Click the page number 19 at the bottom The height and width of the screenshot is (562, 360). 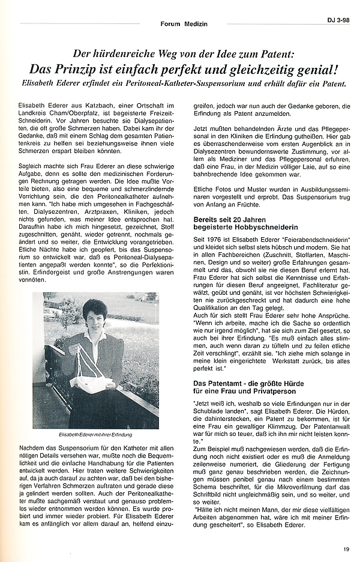(346, 548)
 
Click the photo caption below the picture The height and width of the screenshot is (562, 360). (95, 434)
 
